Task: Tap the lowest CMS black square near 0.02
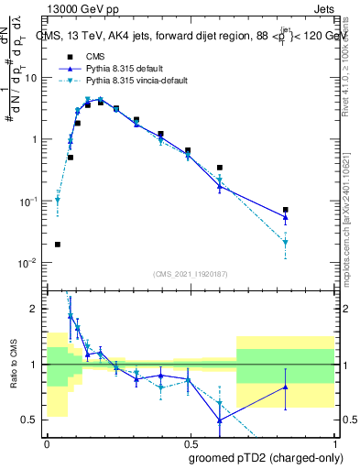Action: [58, 245]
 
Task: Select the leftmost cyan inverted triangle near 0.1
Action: [58, 200]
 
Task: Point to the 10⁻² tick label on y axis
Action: [29, 263]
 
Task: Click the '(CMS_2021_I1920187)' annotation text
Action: [190, 274]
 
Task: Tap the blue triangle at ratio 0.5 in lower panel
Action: [220, 420]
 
